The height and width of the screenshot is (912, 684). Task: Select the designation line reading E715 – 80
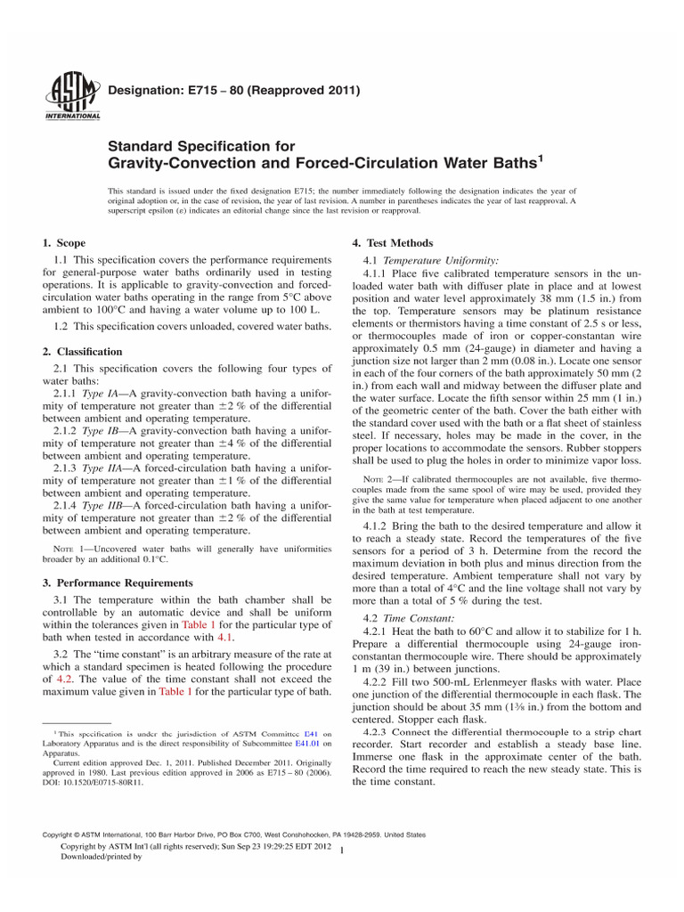point(234,91)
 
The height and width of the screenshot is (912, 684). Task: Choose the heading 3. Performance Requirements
point(118,582)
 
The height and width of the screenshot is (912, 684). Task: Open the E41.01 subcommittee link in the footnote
point(308,741)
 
